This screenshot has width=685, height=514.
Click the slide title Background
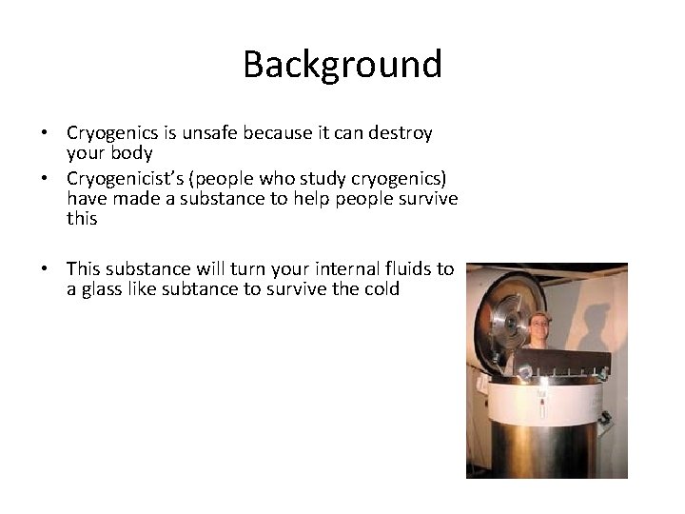coord(342,65)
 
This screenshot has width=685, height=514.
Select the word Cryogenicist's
coord(123,179)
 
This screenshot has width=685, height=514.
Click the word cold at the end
coord(382,288)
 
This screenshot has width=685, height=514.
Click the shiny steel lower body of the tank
coord(542,447)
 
